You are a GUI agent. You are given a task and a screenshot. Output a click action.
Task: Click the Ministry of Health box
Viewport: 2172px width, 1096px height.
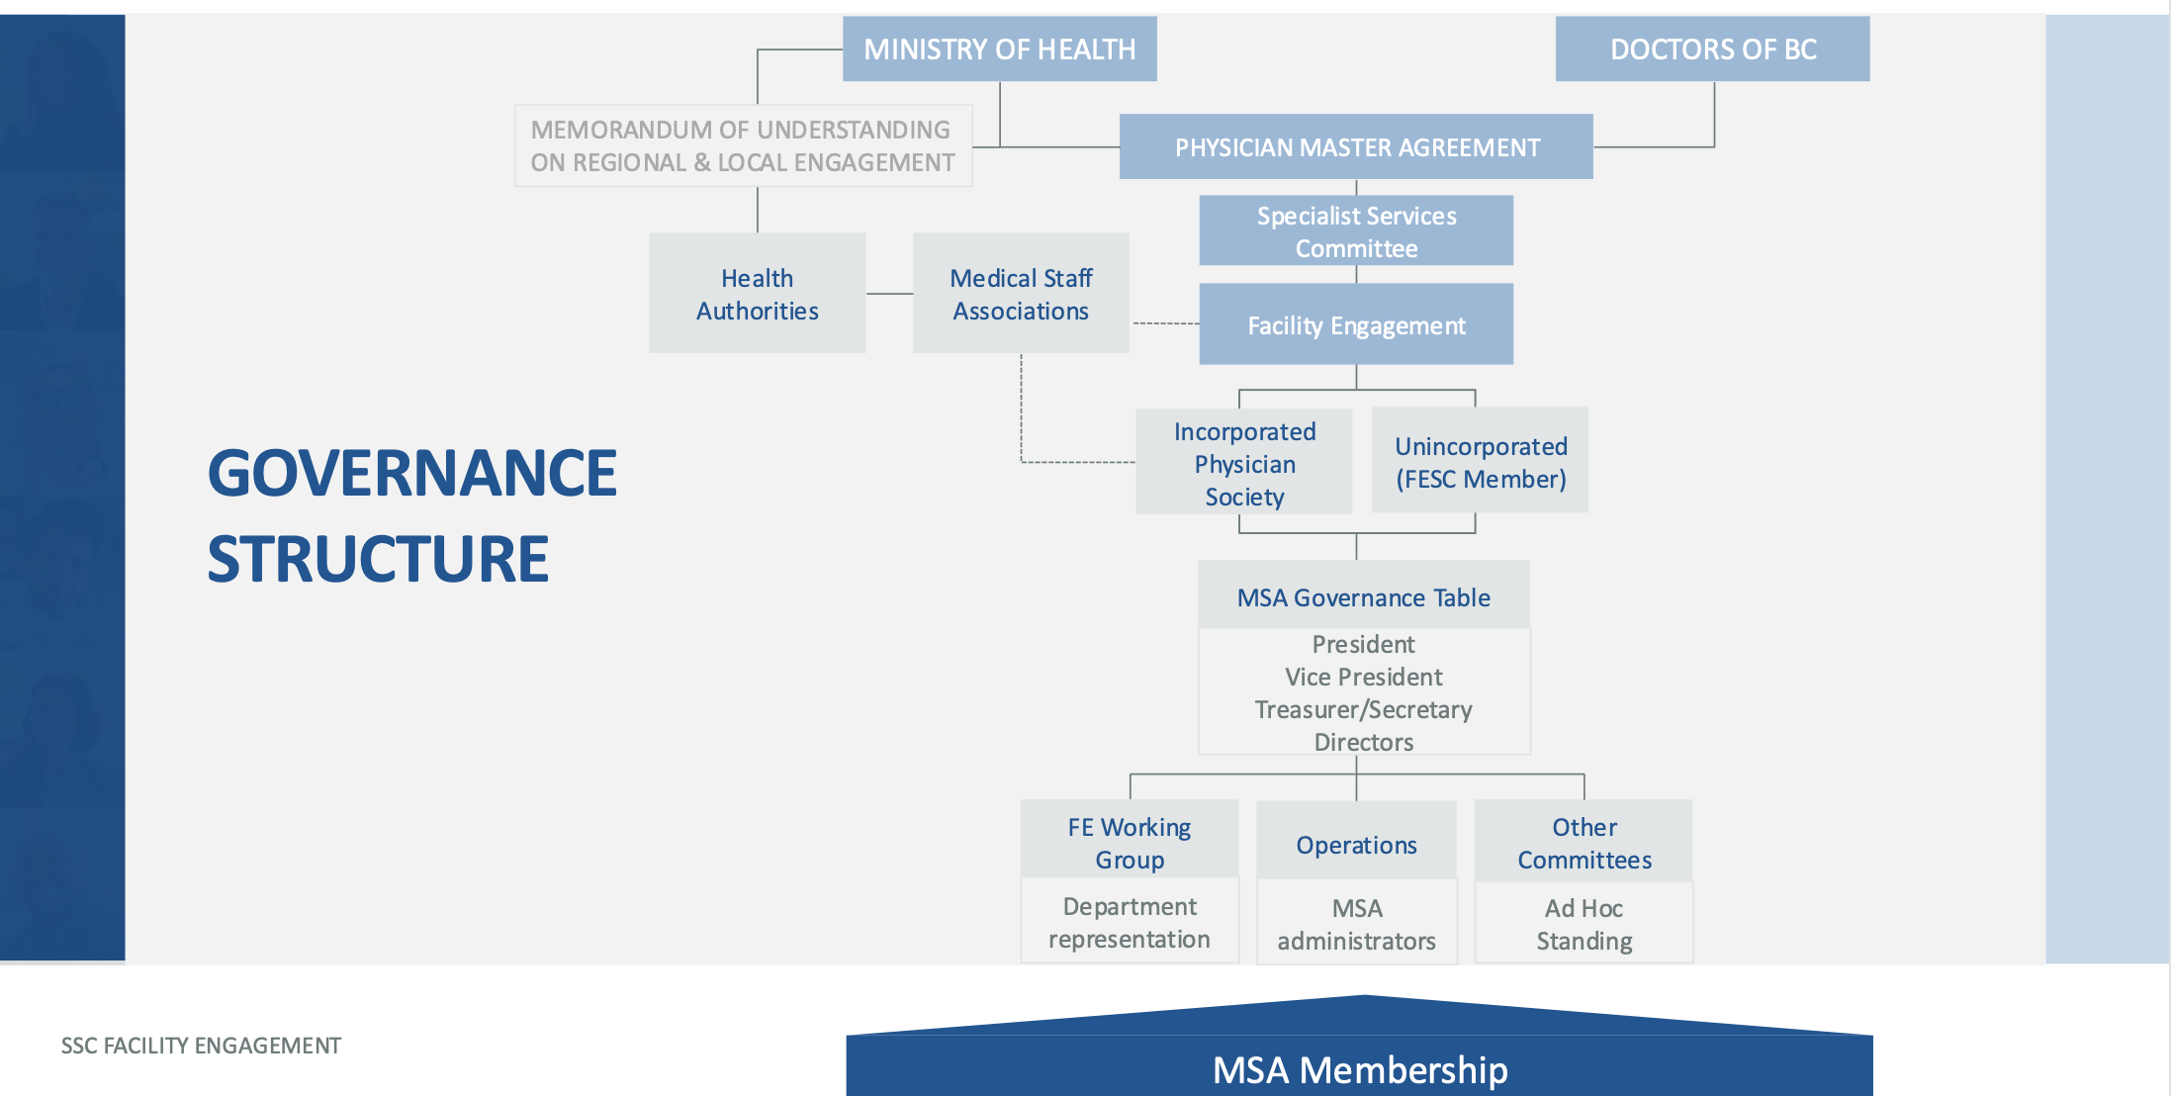pos(999,48)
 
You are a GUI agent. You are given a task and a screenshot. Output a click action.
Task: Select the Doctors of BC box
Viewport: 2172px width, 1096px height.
pos(1712,48)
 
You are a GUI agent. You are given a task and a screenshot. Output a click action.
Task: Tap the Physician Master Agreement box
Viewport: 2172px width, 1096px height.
pos(1356,147)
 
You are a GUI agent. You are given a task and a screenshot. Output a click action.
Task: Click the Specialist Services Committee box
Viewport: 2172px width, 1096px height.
pos(1356,231)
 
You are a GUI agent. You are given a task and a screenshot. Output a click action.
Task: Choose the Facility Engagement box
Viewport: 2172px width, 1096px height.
pos(1356,325)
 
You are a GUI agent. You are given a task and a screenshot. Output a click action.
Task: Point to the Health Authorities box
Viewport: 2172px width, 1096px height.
pos(757,294)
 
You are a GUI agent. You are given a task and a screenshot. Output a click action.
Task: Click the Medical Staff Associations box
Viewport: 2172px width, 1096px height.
pos(1021,294)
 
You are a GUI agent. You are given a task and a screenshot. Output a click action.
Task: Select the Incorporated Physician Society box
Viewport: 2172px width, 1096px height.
pos(1244,463)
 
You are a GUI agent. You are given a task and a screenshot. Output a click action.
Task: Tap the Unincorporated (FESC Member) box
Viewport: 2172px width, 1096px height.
pos(1481,462)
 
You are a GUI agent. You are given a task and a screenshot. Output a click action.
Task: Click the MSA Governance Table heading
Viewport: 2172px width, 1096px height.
pos(1363,597)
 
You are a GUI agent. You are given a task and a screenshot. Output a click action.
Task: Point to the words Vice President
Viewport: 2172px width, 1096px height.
pos(1363,677)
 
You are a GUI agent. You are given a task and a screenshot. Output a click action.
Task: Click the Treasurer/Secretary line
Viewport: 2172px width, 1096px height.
pos(1363,709)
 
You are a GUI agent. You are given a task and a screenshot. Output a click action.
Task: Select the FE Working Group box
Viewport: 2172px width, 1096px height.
pos(1129,842)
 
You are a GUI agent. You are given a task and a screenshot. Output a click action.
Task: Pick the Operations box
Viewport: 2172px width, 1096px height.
pos(1356,845)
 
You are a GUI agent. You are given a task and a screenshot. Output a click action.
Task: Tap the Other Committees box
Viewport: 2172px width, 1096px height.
pos(1584,843)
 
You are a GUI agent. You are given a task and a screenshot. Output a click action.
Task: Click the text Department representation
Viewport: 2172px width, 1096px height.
pos(1129,922)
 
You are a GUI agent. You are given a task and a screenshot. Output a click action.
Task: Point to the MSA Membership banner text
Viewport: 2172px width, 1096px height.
pos(1360,1069)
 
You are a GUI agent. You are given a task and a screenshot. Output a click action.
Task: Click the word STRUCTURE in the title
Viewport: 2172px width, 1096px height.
pos(378,559)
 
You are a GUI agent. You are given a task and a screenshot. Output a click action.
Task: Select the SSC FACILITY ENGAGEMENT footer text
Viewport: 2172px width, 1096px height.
pos(201,1046)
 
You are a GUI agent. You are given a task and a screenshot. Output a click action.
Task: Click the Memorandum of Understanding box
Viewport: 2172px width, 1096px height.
pos(743,145)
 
